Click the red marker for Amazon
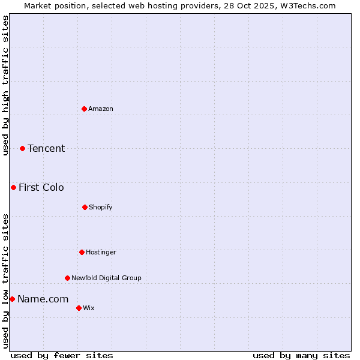(84, 109)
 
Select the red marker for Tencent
(22, 148)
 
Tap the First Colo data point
(13, 187)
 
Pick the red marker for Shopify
(85, 207)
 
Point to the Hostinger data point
(82, 252)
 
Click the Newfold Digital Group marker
(67, 278)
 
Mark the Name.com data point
(12, 299)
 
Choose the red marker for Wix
(79, 308)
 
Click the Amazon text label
(101, 109)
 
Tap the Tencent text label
(46, 148)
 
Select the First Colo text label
(41, 187)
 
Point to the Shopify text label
(101, 207)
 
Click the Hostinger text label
(101, 252)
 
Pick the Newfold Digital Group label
(106, 278)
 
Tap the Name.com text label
(43, 299)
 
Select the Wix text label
(89, 308)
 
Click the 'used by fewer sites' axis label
(62, 355)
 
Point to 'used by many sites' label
(301, 355)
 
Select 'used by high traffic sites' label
(5, 85)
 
